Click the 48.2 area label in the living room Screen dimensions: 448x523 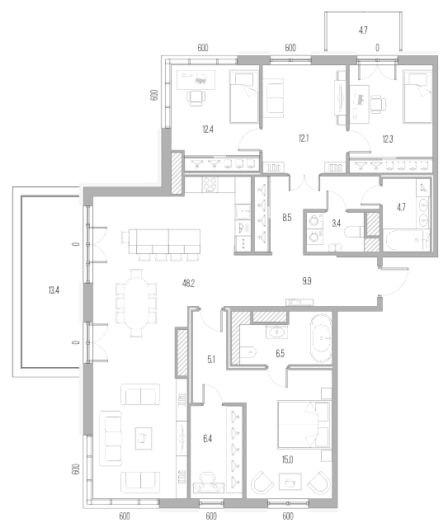click(x=188, y=284)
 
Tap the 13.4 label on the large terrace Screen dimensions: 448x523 click(x=54, y=290)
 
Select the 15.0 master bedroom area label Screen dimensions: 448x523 click(x=287, y=460)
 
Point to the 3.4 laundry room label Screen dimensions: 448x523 click(x=337, y=224)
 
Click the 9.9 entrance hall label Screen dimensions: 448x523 click(x=307, y=281)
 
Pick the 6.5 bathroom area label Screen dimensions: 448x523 click(x=281, y=353)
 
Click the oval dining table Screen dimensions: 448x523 click(x=136, y=304)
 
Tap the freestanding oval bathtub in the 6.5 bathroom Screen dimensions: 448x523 click(x=321, y=337)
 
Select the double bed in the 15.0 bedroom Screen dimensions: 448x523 click(x=304, y=425)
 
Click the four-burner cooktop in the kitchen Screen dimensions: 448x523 click(x=210, y=184)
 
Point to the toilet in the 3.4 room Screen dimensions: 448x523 click(x=354, y=232)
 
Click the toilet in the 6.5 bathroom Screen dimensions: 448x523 click(x=248, y=351)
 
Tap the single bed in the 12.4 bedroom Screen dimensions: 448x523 click(x=244, y=97)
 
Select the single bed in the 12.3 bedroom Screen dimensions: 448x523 click(x=417, y=97)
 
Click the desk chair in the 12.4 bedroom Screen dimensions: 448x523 click(x=196, y=97)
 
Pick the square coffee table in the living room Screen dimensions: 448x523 click(x=144, y=438)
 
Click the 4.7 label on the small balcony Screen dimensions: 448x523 click(x=363, y=31)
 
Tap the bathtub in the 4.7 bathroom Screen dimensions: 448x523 click(x=405, y=240)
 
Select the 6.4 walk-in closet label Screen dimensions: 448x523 click(x=207, y=439)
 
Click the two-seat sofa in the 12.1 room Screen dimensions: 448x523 click(x=273, y=98)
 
